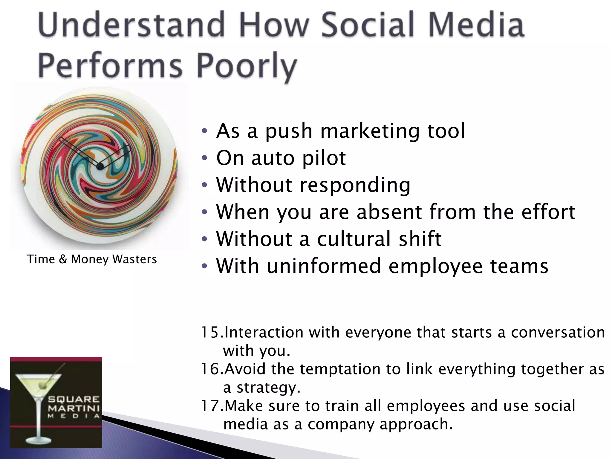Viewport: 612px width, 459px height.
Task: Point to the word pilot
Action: pyautogui.click(x=324, y=158)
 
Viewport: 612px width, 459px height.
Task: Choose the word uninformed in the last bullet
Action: pyautogui.click(x=324, y=266)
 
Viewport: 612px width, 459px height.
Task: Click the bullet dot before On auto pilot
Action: pyautogui.click(x=204, y=158)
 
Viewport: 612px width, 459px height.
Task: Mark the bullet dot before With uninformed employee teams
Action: pyautogui.click(x=204, y=266)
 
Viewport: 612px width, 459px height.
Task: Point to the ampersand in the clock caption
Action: pyautogui.click(x=63, y=259)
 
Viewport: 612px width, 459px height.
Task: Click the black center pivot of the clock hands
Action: pyautogui.click(x=100, y=166)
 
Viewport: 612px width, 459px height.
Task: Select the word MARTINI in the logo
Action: pyautogui.click(x=74, y=408)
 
